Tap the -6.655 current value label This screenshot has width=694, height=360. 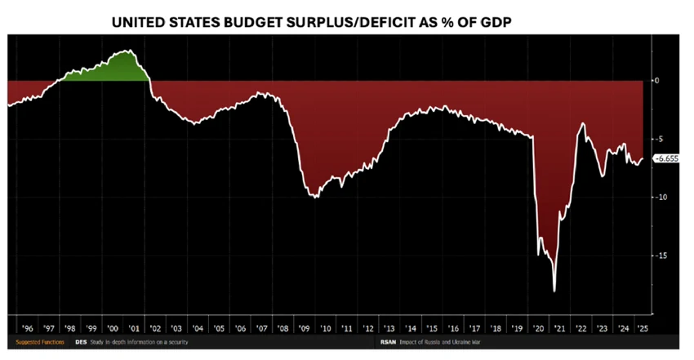point(668,160)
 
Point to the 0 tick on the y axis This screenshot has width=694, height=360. point(658,81)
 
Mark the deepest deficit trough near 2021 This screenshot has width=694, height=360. point(555,290)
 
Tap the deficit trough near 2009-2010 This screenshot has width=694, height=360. point(314,196)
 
